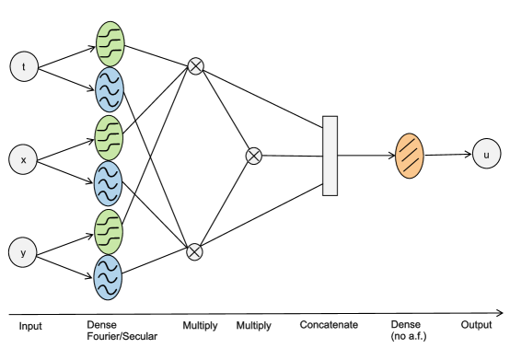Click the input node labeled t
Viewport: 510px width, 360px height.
[x=24, y=66]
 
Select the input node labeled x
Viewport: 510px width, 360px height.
[x=23, y=159]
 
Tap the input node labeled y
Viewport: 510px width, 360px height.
[x=23, y=252]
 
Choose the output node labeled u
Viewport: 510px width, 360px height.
[x=486, y=154]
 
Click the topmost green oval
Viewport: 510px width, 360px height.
[x=110, y=43]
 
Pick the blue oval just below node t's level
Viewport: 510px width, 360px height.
[x=110, y=89]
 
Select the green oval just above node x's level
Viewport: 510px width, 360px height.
[x=109, y=137]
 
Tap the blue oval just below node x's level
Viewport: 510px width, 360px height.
[x=108, y=183]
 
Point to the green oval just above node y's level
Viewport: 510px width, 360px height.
[x=109, y=231]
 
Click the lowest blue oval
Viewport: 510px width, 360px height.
[x=108, y=277]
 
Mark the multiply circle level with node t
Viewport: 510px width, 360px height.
[x=195, y=66]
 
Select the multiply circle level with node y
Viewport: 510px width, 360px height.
[x=194, y=251]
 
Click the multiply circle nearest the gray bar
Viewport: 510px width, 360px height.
[x=253, y=157]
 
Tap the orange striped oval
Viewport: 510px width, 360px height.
[x=410, y=156]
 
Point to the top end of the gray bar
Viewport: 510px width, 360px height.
[x=330, y=119]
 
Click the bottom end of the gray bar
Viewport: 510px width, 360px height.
[x=330, y=193]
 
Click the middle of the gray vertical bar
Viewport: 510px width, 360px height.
[x=330, y=156]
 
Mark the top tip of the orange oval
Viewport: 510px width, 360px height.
[x=410, y=134]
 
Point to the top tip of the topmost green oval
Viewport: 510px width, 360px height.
[x=110, y=22]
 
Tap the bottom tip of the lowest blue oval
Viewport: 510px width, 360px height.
[x=108, y=298]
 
